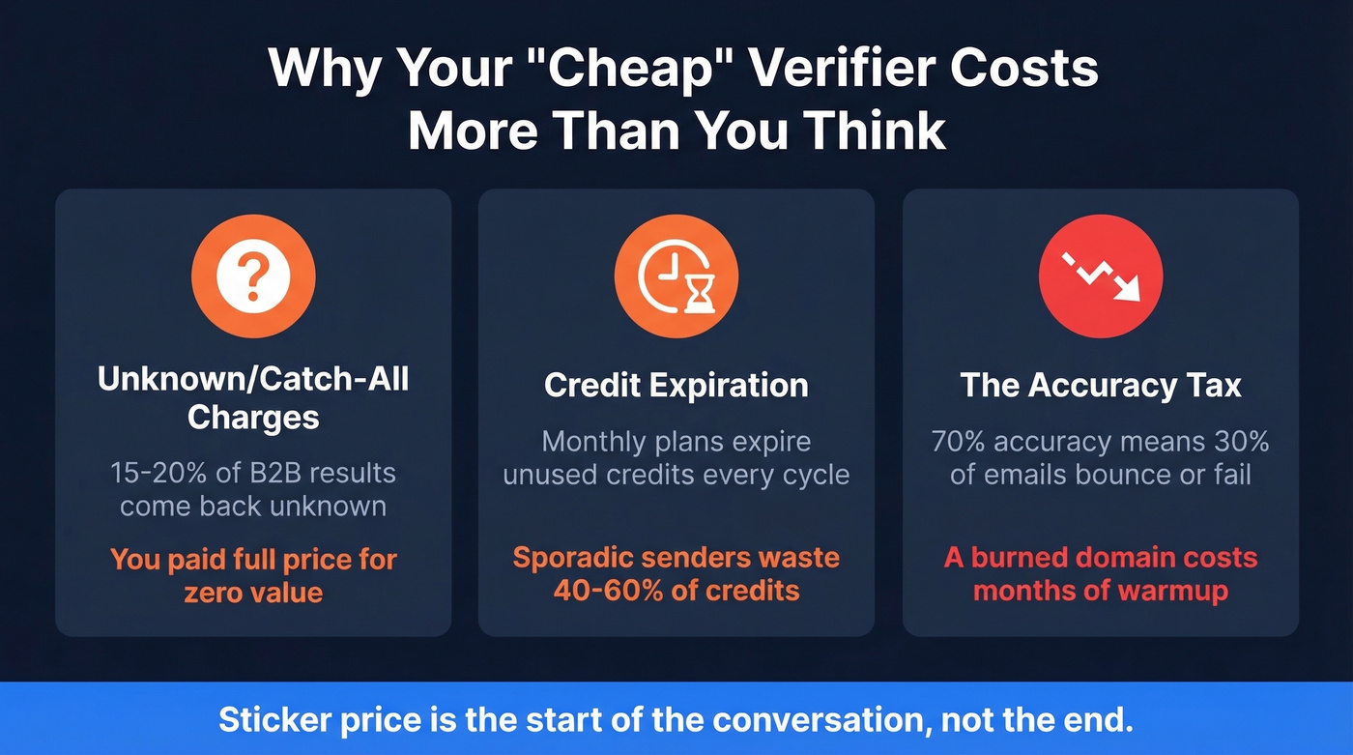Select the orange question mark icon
pyautogui.click(x=253, y=276)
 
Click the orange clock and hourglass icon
pyautogui.click(x=676, y=276)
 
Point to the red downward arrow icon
pyautogui.click(x=1101, y=276)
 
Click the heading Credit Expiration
pyautogui.click(x=676, y=386)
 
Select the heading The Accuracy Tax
pyautogui.click(x=1101, y=386)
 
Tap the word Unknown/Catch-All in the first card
pyautogui.click(x=253, y=378)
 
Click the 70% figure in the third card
pyautogui.click(x=959, y=442)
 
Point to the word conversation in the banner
pyautogui.click(x=819, y=720)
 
